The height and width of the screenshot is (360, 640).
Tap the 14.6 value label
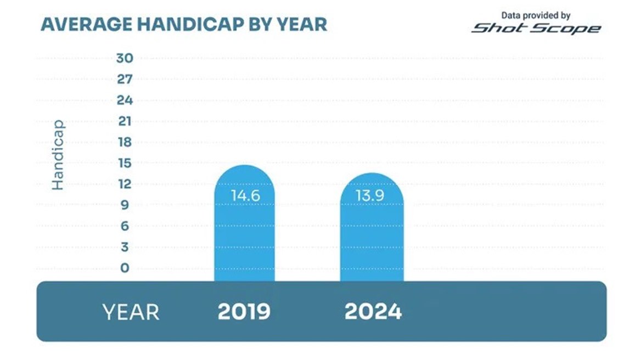(244, 196)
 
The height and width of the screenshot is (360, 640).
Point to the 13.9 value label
(372, 196)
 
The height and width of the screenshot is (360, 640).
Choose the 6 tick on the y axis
(124, 226)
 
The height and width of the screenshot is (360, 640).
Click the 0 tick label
(125, 268)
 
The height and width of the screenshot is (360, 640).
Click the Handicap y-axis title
(58, 155)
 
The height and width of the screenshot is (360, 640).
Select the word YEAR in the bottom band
(131, 312)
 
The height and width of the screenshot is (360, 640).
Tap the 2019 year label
(244, 312)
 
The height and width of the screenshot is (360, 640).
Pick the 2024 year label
(373, 312)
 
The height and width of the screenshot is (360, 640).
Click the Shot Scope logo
(536, 28)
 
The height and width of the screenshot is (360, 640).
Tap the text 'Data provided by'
(536, 15)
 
